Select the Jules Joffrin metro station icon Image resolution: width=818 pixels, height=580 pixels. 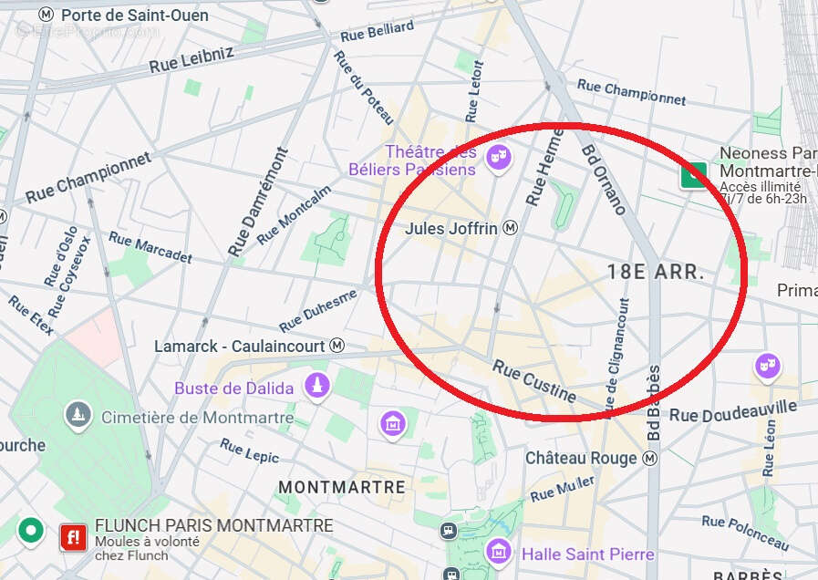(511, 228)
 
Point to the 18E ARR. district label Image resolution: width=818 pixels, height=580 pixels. (656, 271)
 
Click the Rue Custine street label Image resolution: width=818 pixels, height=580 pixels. (535, 381)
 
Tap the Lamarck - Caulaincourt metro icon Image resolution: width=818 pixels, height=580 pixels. (337, 346)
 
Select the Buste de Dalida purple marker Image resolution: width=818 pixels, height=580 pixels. (317, 387)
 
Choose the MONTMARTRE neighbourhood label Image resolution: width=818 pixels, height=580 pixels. (341, 487)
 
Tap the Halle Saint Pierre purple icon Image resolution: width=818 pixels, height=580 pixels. (498, 551)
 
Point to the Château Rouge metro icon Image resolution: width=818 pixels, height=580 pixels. (651, 459)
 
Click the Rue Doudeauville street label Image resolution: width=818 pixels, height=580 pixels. (732, 409)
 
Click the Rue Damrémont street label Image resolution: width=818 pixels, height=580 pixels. (257, 202)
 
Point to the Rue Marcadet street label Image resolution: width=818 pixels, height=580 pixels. (150, 247)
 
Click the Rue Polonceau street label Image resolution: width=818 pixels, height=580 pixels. (745, 532)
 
